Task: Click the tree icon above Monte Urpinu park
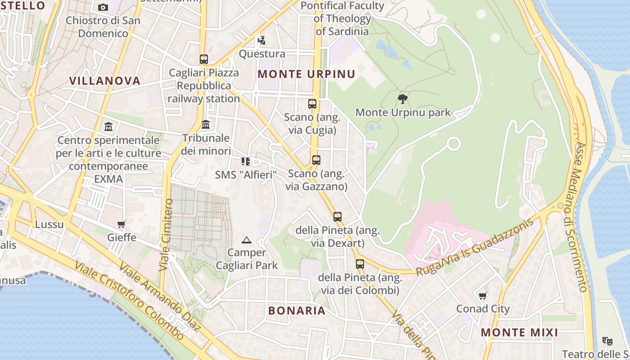[403, 99]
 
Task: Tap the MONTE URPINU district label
[306, 74]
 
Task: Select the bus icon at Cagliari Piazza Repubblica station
[204, 59]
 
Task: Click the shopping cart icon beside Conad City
[483, 296]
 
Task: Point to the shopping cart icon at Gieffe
[121, 224]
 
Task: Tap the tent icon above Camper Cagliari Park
[246, 240]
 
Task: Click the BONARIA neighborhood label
[297, 310]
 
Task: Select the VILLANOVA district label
[105, 81]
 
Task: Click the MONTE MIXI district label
[519, 333]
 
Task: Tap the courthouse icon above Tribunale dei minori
[206, 124]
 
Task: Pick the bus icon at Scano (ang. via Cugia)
[312, 104]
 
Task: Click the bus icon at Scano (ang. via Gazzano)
[316, 160]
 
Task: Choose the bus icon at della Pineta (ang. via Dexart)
[337, 217]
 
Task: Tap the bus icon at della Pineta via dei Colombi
[360, 264]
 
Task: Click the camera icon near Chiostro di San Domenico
[103, 7]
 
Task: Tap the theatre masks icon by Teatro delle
[607, 341]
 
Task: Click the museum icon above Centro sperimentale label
[108, 127]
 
